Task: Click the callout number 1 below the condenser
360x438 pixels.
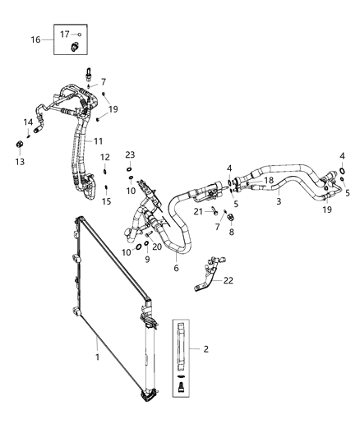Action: (x=98, y=357)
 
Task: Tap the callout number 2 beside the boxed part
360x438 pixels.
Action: (x=206, y=348)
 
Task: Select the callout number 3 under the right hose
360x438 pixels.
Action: (x=279, y=201)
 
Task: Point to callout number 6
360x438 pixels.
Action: (x=175, y=268)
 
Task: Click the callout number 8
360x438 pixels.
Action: (x=231, y=233)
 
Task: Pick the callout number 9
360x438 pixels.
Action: (x=147, y=260)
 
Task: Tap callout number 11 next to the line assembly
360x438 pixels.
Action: (x=98, y=141)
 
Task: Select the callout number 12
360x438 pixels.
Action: (x=104, y=157)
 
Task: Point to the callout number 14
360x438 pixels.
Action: (x=28, y=123)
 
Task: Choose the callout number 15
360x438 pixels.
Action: (x=106, y=201)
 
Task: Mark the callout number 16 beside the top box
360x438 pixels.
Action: (x=35, y=39)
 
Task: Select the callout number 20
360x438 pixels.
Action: (x=157, y=247)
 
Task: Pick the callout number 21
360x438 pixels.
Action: (x=198, y=211)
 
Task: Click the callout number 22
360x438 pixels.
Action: (x=228, y=280)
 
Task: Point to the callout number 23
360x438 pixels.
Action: (x=130, y=154)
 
